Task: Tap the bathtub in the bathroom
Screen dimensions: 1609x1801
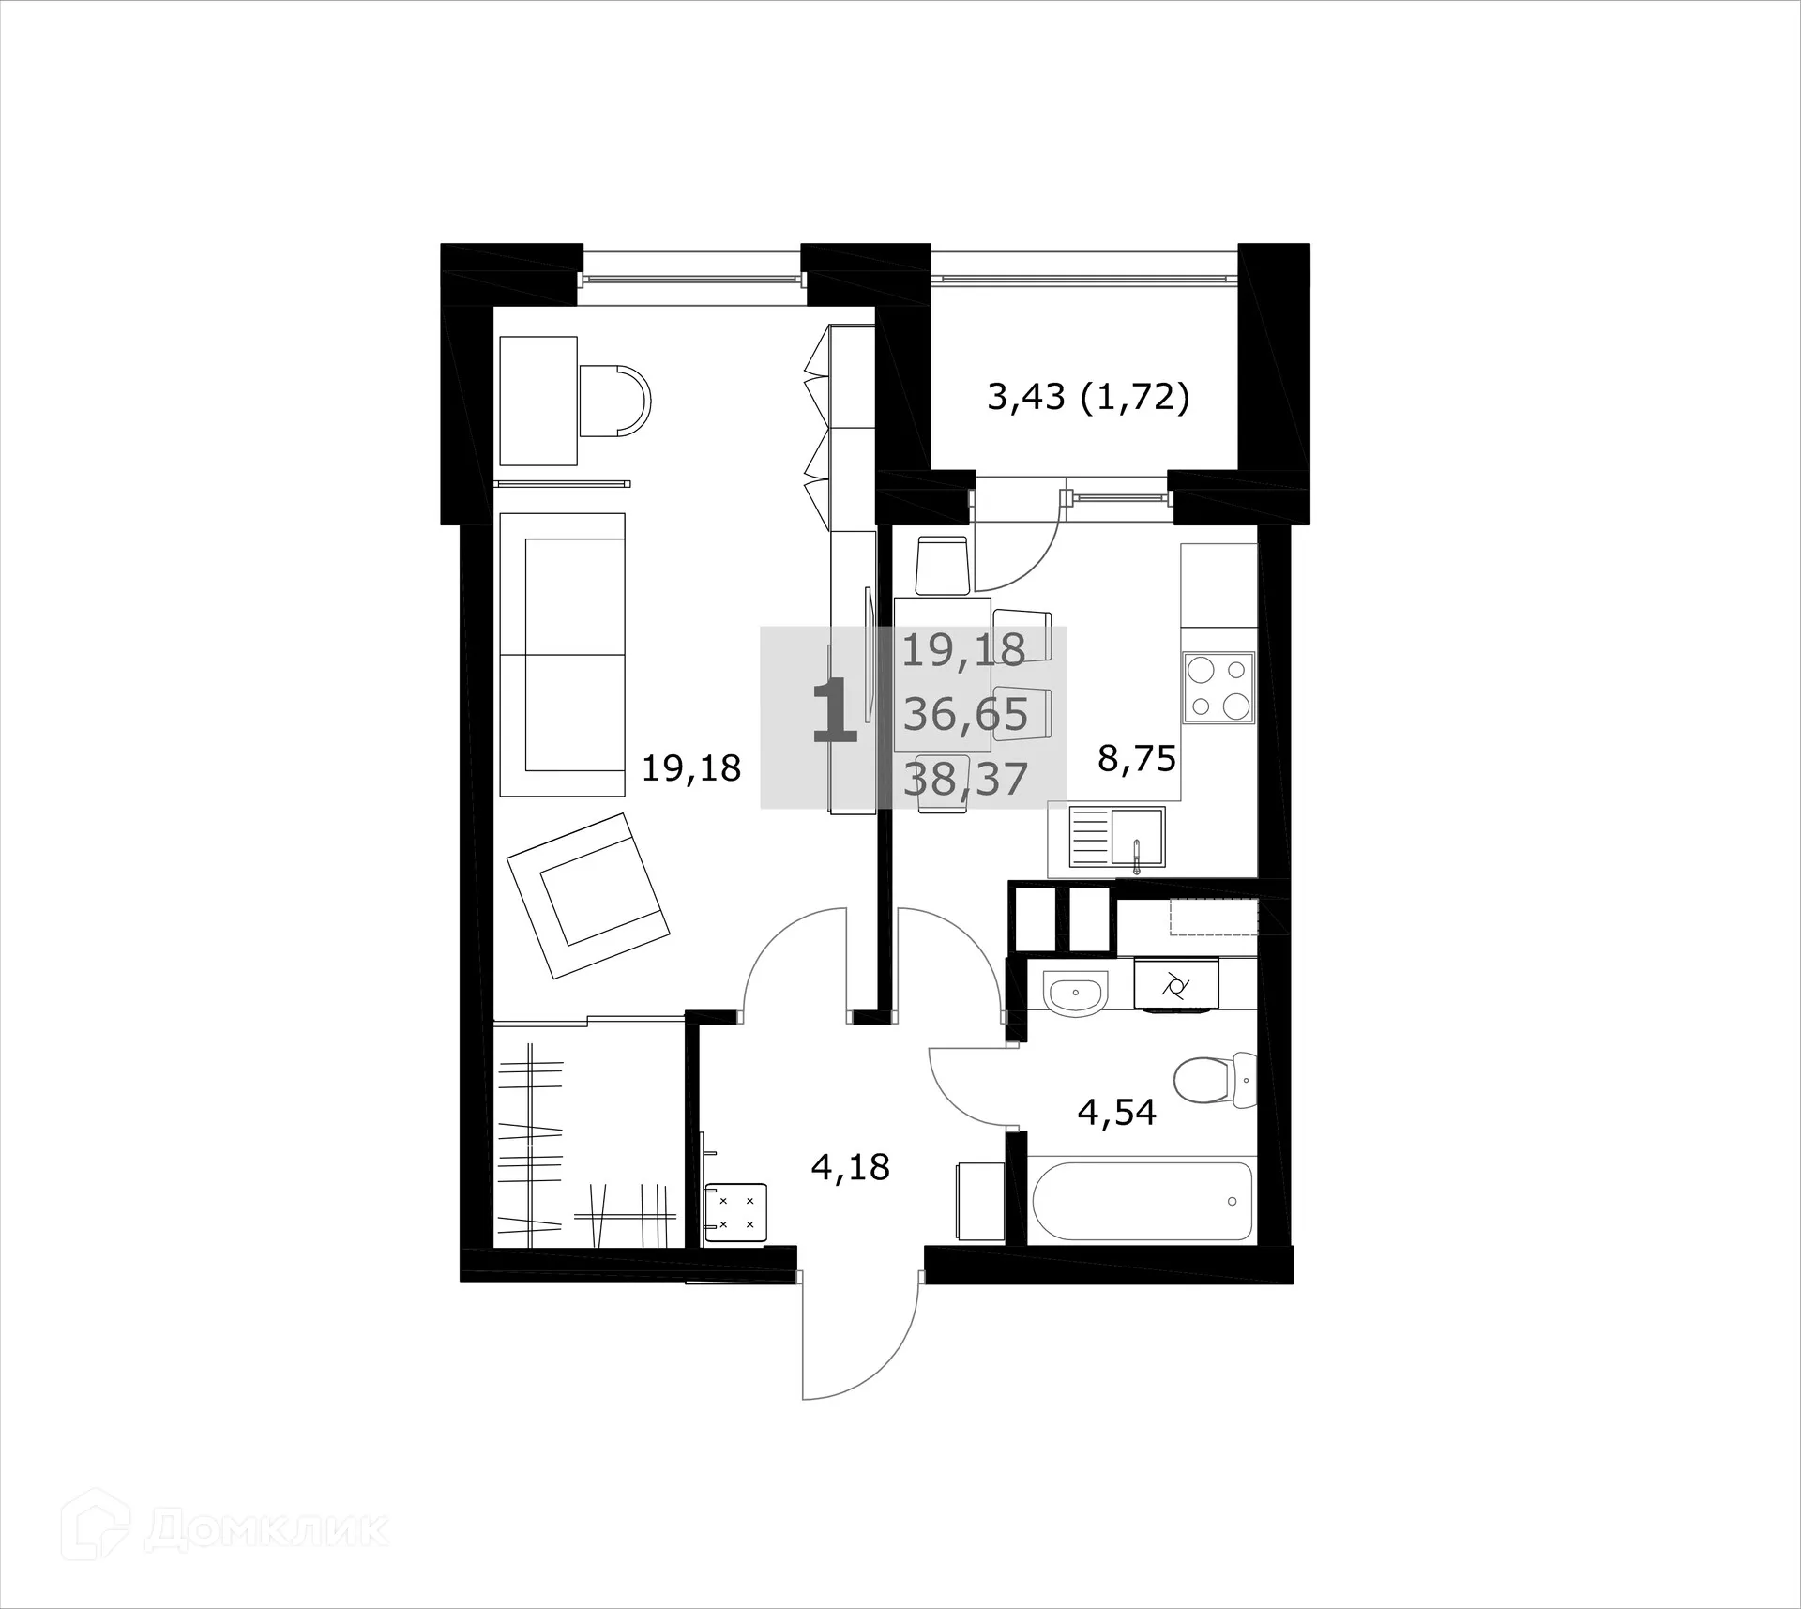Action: pos(1142,1202)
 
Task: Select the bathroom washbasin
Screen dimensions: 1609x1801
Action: pos(1075,994)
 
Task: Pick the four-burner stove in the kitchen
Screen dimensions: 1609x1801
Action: pos(1218,688)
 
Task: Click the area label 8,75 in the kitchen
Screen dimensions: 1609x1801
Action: pos(1137,758)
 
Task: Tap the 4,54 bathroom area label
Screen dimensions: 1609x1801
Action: pos(1116,1113)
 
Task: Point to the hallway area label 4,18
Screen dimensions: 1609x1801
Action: pos(850,1168)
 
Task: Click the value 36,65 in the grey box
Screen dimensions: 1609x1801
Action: pos(965,715)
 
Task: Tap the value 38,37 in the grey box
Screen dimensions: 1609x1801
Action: pos(965,779)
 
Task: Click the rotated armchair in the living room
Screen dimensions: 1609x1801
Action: pos(588,894)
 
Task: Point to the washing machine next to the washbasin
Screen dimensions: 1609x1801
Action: pos(1175,986)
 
